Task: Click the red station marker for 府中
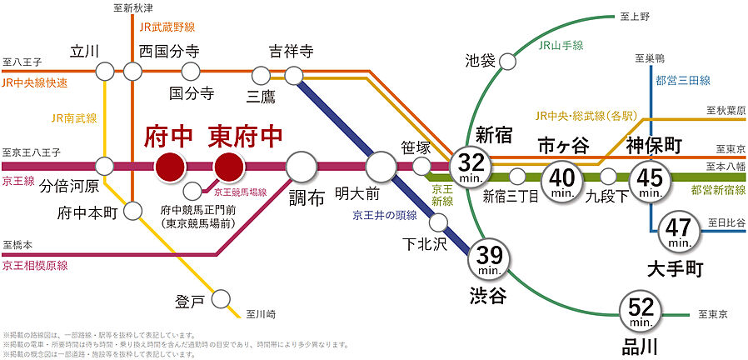click(x=170, y=167)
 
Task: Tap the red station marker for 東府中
click(x=228, y=167)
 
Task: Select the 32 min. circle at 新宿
click(x=470, y=167)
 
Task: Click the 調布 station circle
click(x=302, y=167)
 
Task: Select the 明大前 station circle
click(x=381, y=167)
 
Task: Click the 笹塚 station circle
click(x=422, y=167)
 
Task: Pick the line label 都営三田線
click(x=682, y=81)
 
